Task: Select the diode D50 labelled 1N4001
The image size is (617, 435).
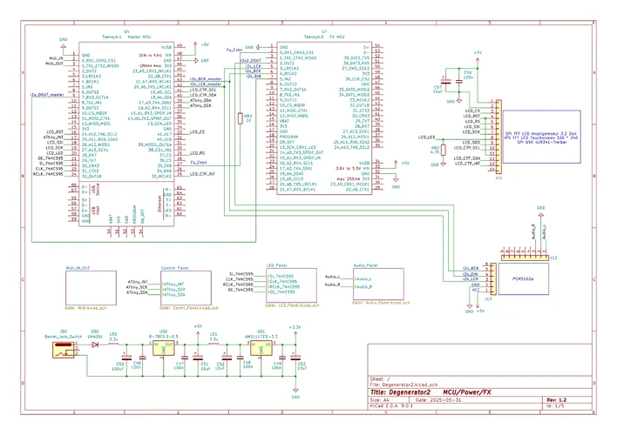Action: click(x=93, y=345)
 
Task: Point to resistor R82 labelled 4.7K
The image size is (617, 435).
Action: click(x=442, y=149)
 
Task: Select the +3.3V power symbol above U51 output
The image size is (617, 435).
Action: click(x=295, y=328)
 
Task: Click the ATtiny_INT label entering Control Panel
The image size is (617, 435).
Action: click(x=138, y=283)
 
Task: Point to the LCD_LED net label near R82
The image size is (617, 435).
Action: click(x=426, y=138)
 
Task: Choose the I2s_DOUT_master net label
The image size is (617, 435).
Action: click(x=47, y=93)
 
